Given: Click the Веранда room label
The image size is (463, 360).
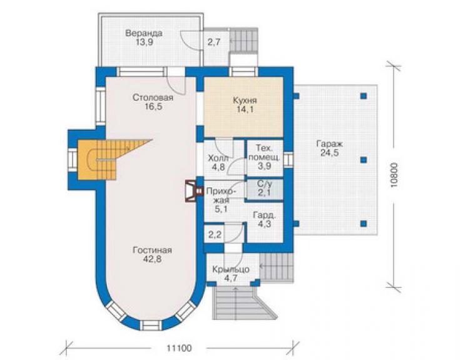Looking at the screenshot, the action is click(x=144, y=33).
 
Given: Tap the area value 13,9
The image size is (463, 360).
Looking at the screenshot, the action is click(x=145, y=43).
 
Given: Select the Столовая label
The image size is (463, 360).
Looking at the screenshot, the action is click(x=153, y=97).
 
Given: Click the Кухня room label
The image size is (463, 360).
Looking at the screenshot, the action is click(x=245, y=100).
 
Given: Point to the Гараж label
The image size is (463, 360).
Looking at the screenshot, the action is click(x=330, y=144).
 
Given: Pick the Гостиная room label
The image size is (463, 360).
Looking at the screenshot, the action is click(x=153, y=250).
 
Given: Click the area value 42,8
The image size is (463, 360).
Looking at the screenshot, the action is click(x=153, y=259).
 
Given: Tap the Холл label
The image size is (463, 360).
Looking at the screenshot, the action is click(x=218, y=158).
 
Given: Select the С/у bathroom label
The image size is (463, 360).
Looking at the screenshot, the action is click(x=264, y=184).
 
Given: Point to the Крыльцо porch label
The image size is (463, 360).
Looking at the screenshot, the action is click(x=231, y=270).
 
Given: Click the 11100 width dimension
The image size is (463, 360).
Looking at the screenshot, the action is click(x=179, y=348).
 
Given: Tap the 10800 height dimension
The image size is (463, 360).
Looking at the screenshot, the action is click(x=394, y=175).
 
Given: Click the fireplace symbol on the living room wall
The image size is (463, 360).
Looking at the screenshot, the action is click(x=194, y=191).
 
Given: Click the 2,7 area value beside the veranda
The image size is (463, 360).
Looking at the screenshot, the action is click(x=214, y=43).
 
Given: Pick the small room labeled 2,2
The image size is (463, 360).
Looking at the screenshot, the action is click(x=215, y=235).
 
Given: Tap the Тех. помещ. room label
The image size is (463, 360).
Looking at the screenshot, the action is click(x=265, y=153).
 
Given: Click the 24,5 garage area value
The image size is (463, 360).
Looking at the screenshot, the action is click(x=330, y=153).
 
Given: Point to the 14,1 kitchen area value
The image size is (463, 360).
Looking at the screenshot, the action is click(x=245, y=110).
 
